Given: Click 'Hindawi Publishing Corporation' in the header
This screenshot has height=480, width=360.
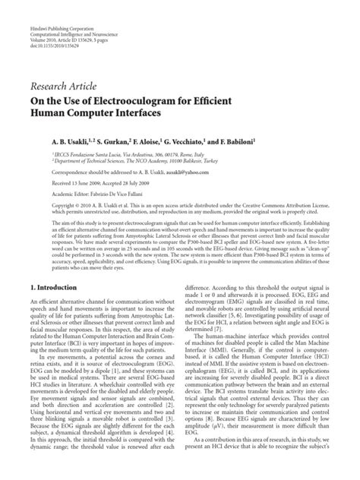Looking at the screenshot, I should click(x=60, y=6).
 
